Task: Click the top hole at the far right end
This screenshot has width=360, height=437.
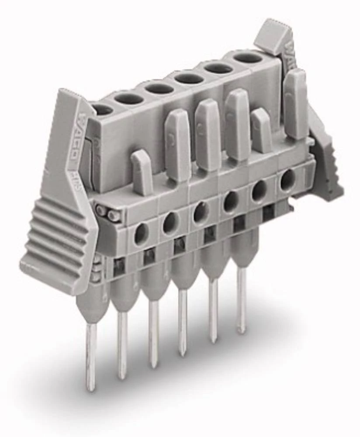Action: click(248, 58)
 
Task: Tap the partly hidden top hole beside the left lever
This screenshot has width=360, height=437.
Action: click(102, 110)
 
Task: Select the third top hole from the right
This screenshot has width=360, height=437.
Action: click(189, 79)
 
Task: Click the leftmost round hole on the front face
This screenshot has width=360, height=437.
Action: click(141, 234)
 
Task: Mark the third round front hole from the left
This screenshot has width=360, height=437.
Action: click(201, 212)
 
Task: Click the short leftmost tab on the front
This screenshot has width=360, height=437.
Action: click(142, 173)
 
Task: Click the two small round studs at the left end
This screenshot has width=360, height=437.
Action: click(107, 213)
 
